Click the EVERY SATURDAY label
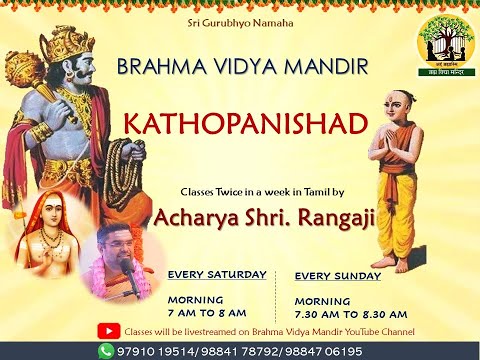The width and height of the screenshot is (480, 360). tap(217, 273)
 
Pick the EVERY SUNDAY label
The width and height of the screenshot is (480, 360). tap(336, 274)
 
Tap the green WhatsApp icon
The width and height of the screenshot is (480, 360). tap(106, 351)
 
